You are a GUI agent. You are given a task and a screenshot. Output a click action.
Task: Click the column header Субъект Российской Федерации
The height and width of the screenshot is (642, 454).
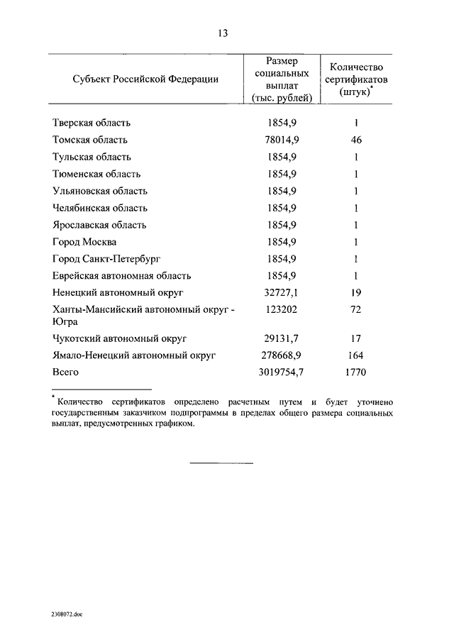[x=145, y=79]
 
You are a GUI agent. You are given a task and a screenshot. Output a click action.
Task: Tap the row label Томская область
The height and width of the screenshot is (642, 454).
[x=90, y=140]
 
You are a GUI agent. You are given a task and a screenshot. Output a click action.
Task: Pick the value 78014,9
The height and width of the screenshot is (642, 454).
[x=282, y=140]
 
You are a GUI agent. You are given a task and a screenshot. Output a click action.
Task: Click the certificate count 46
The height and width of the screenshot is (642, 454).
[x=357, y=140]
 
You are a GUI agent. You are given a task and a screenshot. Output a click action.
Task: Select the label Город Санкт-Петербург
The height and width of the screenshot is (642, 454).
[x=107, y=260]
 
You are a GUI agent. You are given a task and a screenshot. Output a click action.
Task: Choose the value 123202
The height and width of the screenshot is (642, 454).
[x=282, y=311]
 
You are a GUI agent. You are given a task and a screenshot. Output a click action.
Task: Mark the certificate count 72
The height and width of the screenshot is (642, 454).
[x=357, y=311]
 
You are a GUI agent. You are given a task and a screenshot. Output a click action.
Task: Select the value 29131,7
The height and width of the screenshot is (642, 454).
[x=282, y=339]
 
